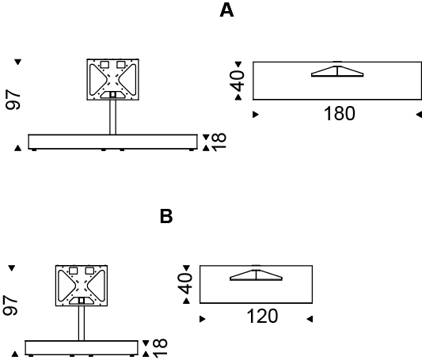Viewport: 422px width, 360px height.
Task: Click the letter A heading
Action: pos(226,11)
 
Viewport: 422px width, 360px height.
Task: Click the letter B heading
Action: pos(166,217)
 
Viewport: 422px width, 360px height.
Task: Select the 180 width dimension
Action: pos(340,113)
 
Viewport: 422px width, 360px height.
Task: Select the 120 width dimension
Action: pos(262,316)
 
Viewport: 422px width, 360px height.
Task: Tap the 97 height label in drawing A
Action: pos(13,100)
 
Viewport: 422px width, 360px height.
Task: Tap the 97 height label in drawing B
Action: pos(10,305)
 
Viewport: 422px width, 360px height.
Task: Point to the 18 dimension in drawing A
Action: pos(219,142)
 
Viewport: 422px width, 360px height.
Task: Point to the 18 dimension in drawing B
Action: pos(160,348)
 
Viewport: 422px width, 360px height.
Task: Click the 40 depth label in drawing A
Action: pos(238,81)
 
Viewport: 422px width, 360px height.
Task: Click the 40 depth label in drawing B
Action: pos(185,284)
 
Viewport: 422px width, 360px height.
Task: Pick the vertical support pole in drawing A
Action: pos(112,117)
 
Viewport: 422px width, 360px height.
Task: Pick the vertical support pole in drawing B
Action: pos(82,323)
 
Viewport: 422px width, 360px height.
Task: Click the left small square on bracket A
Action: pos(105,65)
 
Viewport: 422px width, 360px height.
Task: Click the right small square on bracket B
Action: pos(89,271)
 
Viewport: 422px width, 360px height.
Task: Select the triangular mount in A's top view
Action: pos(337,71)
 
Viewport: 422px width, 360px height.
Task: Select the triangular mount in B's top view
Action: pos(256,275)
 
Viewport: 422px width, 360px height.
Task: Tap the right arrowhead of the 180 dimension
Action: pos(419,115)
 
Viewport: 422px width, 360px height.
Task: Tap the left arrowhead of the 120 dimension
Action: pos(203,319)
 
